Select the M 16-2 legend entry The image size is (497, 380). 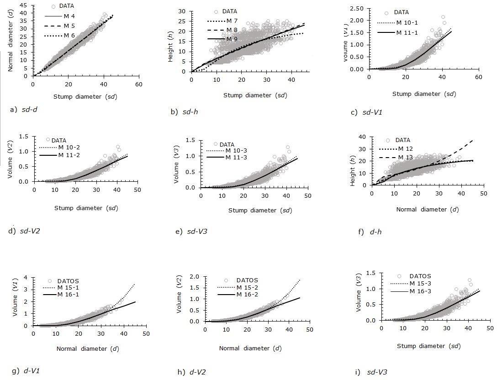pyautogui.click(x=246, y=295)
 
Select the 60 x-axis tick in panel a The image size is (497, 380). pyautogui.click(x=138, y=84)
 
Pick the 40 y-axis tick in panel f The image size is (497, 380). pyautogui.click(x=363, y=137)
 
